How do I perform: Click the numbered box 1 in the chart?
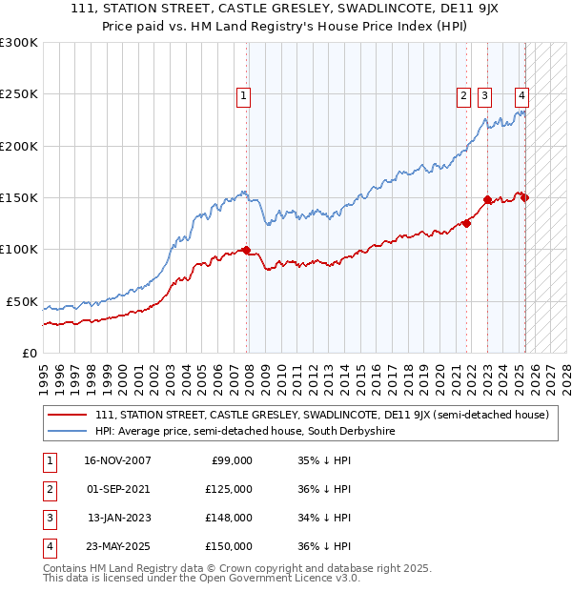(244, 95)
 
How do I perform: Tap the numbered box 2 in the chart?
(463, 95)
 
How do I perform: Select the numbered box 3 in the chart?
(484, 95)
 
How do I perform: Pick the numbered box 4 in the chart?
(522, 95)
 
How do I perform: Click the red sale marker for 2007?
(247, 250)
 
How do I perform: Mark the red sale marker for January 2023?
(487, 199)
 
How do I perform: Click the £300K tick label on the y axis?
(19, 43)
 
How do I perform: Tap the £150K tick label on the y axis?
(19, 197)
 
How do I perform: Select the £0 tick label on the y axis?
(29, 353)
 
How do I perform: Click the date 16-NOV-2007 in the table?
(117, 460)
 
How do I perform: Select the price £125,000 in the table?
(229, 489)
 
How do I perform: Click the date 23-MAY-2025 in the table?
(117, 546)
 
